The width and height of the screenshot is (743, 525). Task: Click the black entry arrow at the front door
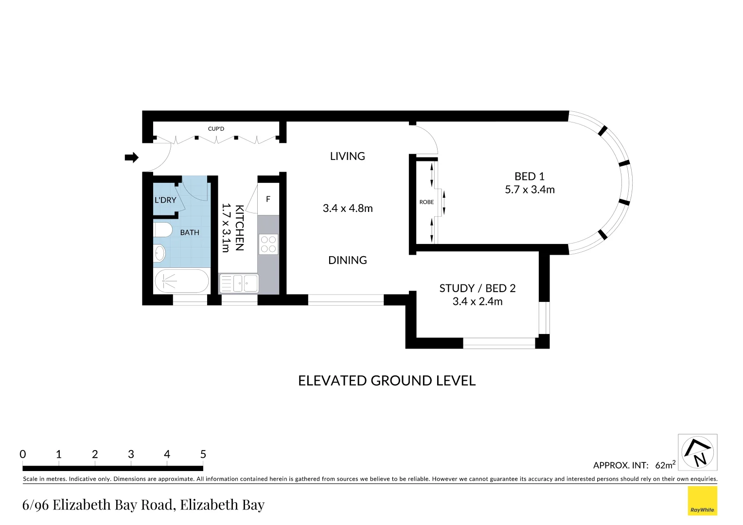coord(131,157)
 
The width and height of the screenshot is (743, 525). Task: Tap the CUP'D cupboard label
coord(216,129)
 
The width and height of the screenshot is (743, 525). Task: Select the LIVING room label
coord(347,156)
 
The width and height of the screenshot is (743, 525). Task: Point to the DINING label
coord(347,260)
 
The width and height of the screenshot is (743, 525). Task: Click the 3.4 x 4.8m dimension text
coord(347,208)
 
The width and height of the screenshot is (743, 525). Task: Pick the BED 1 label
coord(529,176)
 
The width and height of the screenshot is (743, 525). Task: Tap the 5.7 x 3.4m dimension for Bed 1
coord(529,190)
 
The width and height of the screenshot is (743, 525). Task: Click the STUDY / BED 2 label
coord(477,288)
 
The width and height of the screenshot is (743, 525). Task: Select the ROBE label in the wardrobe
coord(426,202)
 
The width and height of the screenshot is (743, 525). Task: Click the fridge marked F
coord(268,199)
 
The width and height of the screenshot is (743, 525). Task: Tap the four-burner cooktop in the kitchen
coord(268,244)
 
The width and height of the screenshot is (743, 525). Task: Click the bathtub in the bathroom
coord(181,281)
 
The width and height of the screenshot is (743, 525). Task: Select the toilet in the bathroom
coord(162,229)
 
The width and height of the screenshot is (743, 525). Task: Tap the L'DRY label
coord(165,200)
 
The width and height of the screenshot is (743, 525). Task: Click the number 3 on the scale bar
coord(131,454)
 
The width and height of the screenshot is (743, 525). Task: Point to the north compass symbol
coord(697,453)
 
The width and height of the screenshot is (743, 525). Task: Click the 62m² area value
coord(665,465)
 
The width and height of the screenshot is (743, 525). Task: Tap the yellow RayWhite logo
coord(702,501)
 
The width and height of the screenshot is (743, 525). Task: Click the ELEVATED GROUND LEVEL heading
coord(387,381)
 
